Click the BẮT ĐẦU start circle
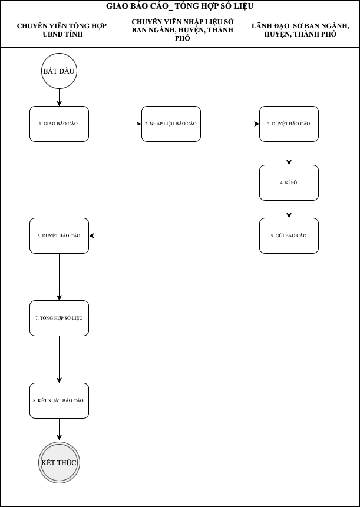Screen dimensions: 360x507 [x=59, y=71]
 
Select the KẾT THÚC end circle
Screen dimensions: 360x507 [x=59, y=463]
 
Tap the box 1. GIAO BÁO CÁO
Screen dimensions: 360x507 [x=59, y=124]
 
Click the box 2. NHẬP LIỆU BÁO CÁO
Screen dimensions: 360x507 [x=171, y=124]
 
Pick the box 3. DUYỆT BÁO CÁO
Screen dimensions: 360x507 [x=289, y=124]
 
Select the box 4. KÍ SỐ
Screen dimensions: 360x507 [x=289, y=183]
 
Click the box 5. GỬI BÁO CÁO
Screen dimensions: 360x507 [x=289, y=236]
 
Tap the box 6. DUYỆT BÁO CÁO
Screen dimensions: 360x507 [x=59, y=236]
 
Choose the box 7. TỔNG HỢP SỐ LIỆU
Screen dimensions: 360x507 [x=59, y=318]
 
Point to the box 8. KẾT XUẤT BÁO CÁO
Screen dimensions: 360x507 [x=59, y=400]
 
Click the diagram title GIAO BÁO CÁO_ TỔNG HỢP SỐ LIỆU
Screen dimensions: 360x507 [x=180, y=6]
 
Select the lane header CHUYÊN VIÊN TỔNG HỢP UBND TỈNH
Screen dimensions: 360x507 [x=62, y=30]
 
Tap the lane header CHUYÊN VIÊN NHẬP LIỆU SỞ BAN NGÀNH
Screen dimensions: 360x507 [x=183, y=30]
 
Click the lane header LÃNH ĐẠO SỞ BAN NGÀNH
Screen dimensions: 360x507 [x=300, y=30]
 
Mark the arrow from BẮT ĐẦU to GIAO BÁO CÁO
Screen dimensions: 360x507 [x=59, y=97]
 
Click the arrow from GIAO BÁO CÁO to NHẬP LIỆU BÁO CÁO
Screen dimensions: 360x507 [x=115, y=124]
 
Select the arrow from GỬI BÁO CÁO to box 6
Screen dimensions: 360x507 [x=174, y=236]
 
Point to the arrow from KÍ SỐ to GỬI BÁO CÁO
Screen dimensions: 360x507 [x=289, y=209]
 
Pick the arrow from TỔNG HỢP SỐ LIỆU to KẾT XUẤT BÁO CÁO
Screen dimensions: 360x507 [x=59, y=360]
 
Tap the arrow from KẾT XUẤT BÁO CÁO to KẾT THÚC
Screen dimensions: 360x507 [x=59, y=429]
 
